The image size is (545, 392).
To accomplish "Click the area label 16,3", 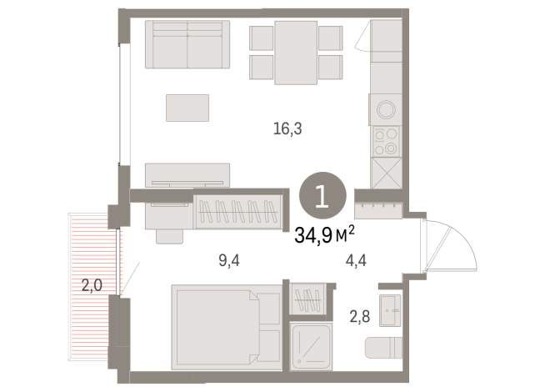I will [287, 128].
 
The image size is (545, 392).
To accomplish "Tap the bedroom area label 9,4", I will [229, 260].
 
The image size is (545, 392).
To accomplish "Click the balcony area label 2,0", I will [92, 285].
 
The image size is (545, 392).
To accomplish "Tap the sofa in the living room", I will [187, 45].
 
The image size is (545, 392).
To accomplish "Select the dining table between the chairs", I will [296, 52].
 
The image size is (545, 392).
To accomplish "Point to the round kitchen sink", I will [386, 110].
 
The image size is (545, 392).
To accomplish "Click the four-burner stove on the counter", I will [386, 142].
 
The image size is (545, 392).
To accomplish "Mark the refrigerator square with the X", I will [386, 173].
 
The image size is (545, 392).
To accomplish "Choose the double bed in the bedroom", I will [227, 326].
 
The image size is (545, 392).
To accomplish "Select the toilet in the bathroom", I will [387, 346].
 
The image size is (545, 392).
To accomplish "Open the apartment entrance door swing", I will [450, 243].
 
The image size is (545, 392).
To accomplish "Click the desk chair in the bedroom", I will [169, 234].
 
